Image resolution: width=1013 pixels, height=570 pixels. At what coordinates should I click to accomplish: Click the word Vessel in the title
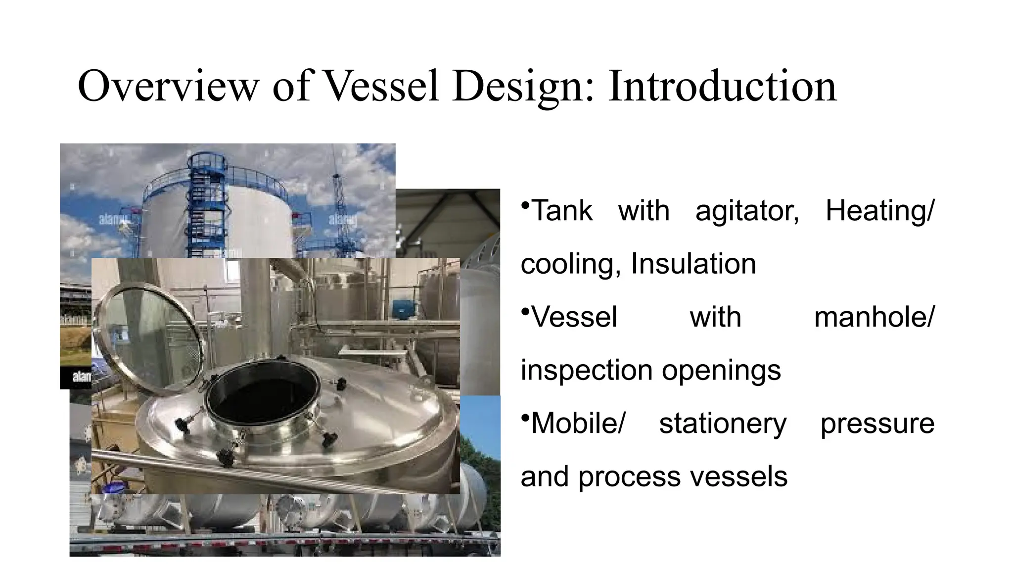tap(381, 87)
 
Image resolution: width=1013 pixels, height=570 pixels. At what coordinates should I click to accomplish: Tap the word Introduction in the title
tap(722, 87)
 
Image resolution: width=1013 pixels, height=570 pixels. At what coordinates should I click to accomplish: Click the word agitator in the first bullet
tap(747, 211)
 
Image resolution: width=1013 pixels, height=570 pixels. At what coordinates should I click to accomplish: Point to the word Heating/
tap(879, 211)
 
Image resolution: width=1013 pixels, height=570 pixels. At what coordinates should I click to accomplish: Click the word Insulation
tap(693, 264)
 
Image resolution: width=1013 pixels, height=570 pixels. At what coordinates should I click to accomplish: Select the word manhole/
tap(874, 317)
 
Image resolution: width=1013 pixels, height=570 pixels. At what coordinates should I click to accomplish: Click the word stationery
tap(723, 424)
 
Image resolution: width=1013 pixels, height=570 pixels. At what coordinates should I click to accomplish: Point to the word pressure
tap(877, 424)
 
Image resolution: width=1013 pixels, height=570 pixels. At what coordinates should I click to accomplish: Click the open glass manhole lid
tap(148, 341)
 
